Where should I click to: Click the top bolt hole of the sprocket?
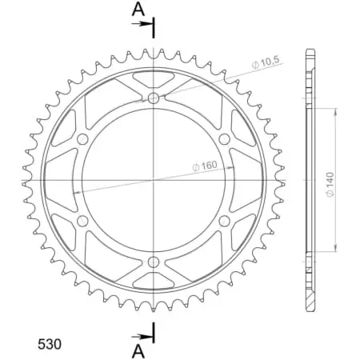click(153, 98)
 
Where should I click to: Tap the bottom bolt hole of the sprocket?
click(153, 262)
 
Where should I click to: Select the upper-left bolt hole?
click(82, 138)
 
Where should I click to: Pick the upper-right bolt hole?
click(224, 138)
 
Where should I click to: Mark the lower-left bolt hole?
click(82, 221)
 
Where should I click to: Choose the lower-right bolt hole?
click(224, 221)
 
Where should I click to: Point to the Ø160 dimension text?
click(205, 166)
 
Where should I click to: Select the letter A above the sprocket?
click(138, 10)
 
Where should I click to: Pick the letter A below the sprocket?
click(138, 350)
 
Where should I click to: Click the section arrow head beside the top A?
click(148, 25)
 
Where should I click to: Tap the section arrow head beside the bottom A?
click(148, 335)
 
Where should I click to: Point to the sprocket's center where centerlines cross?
click(153, 180)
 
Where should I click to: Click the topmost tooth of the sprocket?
click(153, 51)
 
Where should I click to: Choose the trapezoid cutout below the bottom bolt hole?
click(153, 281)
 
